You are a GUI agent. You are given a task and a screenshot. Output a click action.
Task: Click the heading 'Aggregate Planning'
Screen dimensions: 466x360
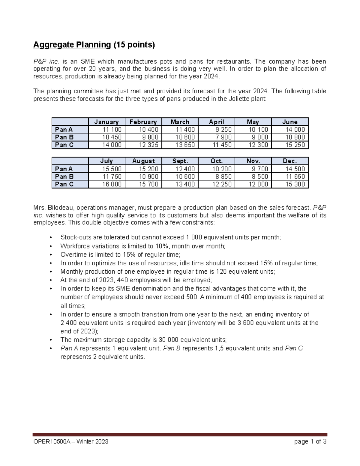(72, 45)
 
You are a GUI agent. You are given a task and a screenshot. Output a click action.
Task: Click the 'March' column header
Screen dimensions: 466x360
(180, 122)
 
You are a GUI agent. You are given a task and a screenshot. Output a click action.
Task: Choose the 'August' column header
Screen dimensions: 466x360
(143, 161)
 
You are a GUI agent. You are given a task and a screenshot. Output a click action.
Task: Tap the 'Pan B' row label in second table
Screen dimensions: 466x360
(64, 177)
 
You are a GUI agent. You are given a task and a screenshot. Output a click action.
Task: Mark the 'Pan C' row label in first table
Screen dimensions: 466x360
(64, 145)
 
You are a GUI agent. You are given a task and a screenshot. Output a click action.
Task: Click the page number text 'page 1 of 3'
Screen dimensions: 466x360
(310, 441)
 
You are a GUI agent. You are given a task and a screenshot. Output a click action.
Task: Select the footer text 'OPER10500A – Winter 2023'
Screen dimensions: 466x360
(71, 441)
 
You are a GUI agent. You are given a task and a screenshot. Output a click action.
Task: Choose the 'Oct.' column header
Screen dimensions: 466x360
(216, 161)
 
